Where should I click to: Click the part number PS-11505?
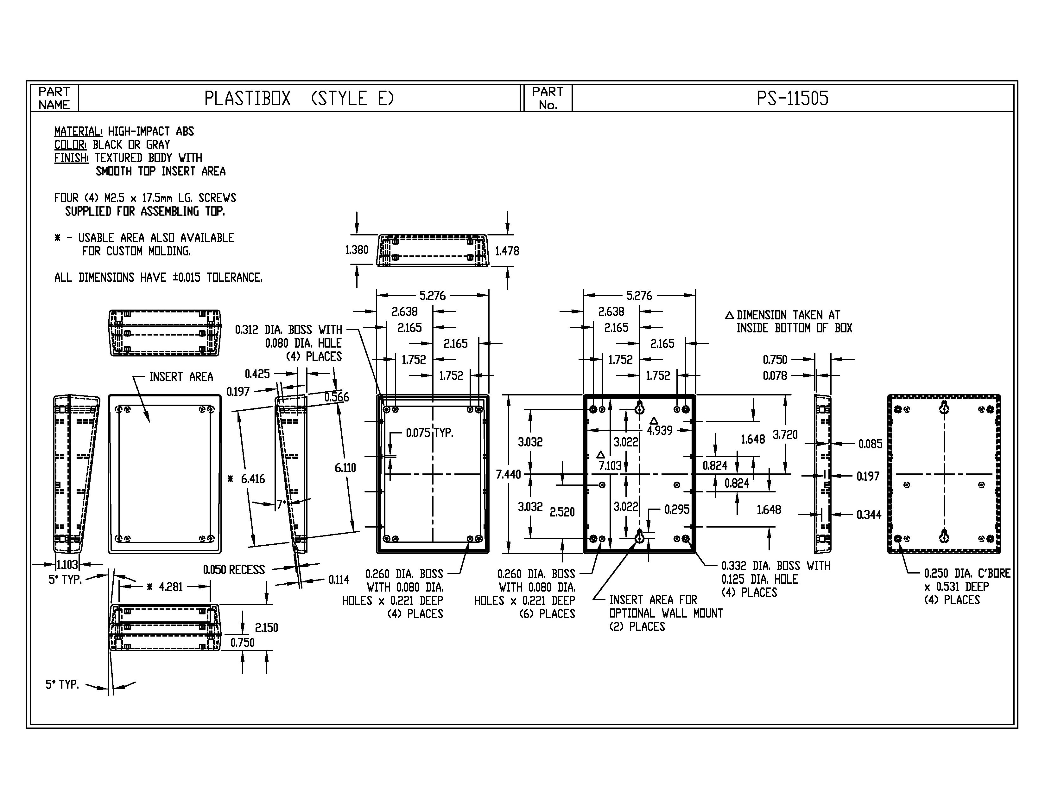click(x=792, y=99)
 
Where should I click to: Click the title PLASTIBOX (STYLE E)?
click(x=299, y=99)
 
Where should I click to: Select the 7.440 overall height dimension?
click(x=508, y=474)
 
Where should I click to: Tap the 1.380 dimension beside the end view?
click(x=357, y=250)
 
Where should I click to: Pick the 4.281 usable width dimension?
click(x=170, y=587)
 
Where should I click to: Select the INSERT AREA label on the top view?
click(x=181, y=377)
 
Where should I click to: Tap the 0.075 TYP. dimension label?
click(x=429, y=433)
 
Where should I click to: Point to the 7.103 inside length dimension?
click(x=610, y=465)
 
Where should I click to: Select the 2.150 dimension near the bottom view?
click(x=266, y=627)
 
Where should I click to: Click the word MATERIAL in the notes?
click(x=78, y=131)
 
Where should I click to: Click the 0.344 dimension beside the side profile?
click(x=868, y=515)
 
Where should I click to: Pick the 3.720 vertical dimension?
click(x=785, y=435)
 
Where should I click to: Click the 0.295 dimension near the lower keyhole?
click(x=677, y=509)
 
